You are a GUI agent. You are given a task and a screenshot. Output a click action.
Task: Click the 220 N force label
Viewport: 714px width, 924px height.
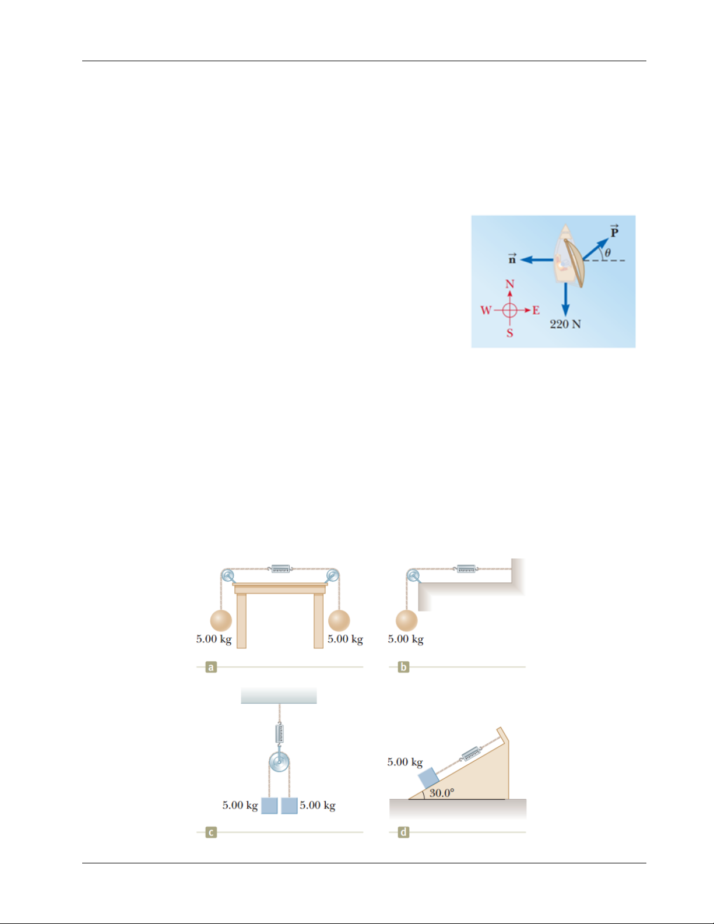click(x=565, y=324)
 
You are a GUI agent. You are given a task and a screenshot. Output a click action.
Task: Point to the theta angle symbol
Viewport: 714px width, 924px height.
click(x=608, y=252)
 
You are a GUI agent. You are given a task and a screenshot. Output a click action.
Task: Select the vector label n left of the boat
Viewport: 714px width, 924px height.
click(x=512, y=258)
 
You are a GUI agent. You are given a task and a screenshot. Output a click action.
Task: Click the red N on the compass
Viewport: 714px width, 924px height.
click(x=510, y=284)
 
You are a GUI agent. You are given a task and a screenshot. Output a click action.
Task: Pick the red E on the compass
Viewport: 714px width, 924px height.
click(x=536, y=310)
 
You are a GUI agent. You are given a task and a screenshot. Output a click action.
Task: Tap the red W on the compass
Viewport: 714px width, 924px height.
click(x=486, y=310)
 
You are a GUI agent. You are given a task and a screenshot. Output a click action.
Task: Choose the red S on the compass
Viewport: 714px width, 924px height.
click(x=509, y=333)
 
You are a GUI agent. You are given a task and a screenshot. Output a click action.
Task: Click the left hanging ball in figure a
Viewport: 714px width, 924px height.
click(x=221, y=620)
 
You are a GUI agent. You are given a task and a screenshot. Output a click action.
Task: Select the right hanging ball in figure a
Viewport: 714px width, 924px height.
click(x=339, y=620)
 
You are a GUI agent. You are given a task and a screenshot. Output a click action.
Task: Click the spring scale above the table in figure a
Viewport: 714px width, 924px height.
click(x=280, y=568)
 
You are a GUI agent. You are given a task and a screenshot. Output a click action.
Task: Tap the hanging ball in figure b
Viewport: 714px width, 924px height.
click(x=407, y=620)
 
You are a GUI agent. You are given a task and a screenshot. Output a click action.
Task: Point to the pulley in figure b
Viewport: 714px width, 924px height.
click(x=412, y=575)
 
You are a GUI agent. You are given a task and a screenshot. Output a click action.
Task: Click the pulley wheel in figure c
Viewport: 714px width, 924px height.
click(x=279, y=762)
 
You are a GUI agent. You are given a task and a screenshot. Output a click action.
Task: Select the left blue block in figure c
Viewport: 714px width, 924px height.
click(x=269, y=805)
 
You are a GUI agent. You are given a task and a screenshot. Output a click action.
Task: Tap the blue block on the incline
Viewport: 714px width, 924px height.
click(x=428, y=778)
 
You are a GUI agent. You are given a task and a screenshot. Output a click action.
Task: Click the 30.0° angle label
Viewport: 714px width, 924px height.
click(x=442, y=793)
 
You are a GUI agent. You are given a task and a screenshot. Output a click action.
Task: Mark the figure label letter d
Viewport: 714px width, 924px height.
click(x=403, y=832)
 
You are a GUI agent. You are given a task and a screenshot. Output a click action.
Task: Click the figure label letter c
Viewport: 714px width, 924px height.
click(x=211, y=832)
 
